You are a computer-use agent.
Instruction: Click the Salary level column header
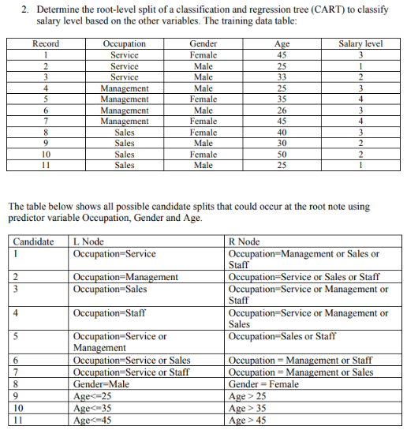coord(360,44)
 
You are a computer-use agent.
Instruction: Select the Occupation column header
coord(125,44)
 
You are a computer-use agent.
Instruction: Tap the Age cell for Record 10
coord(281,155)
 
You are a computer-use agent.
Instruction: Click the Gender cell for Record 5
coord(203,99)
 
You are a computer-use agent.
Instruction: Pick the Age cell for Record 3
coord(281,77)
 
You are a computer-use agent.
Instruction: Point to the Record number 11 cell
coord(46,166)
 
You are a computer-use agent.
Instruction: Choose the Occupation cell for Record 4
coord(125,88)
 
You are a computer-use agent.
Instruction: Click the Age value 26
coord(281,110)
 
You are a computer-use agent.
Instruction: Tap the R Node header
coord(243,241)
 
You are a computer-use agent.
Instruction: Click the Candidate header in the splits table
coord(34,241)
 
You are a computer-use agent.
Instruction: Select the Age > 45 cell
coord(246,421)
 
